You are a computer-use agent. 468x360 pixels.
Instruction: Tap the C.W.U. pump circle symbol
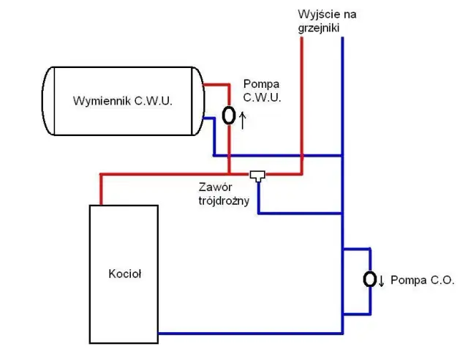[x=229, y=116]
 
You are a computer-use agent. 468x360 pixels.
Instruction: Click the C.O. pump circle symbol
[x=371, y=280]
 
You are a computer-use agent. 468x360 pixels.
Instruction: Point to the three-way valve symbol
[x=257, y=176]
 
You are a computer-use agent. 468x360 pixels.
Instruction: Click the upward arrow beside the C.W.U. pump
[x=242, y=119]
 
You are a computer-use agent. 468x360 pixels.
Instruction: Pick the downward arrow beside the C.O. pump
[x=382, y=281]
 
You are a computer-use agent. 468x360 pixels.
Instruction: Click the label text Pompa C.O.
[x=423, y=280]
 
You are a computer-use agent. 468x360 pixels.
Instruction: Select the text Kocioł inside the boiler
[x=124, y=274]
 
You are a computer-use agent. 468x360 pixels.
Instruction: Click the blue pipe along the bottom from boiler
[x=249, y=333]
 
